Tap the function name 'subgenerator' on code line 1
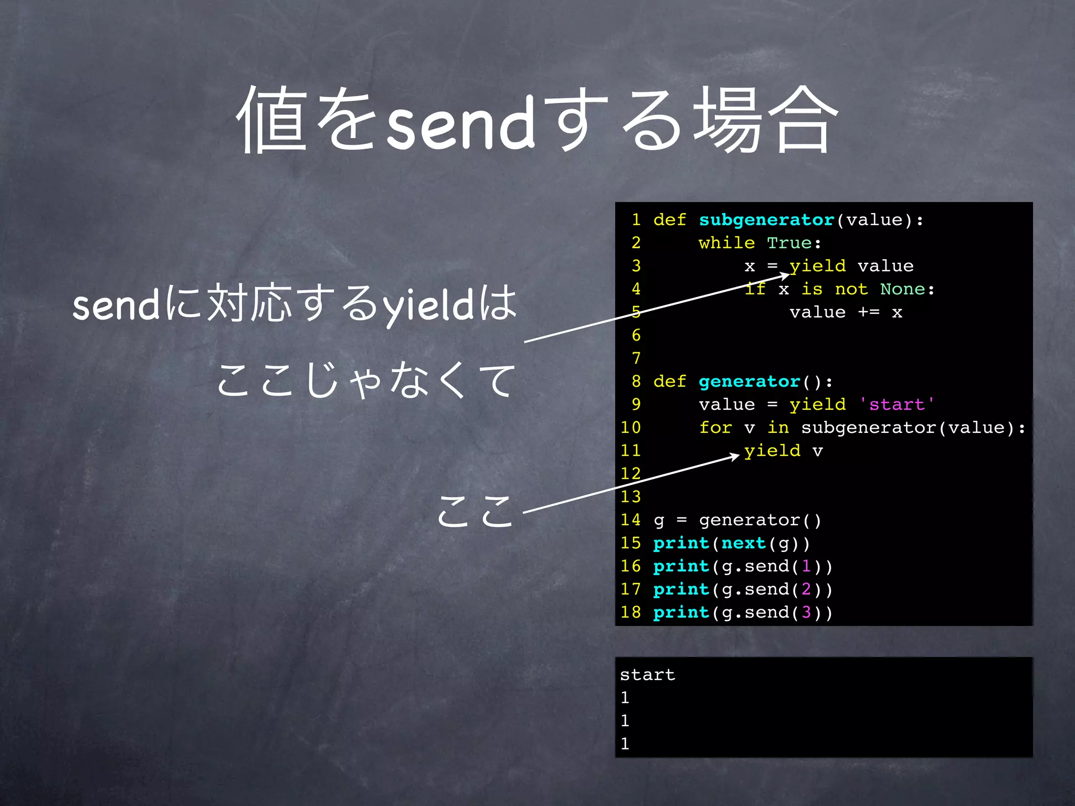(766, 220)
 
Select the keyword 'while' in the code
(726, 243)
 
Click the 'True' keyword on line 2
(789, 243)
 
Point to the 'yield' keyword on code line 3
(817, 266)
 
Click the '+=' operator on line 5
(868, 312)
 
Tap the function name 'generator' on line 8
(749, 381)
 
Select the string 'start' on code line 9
(897, 405)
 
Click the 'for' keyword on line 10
(715, 428)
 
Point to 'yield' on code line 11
(772, 451)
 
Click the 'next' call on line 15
(743, 543)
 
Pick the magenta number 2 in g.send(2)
(806, 589)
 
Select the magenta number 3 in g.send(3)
(806, 612)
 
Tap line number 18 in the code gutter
(630, 612)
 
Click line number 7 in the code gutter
(636, 358)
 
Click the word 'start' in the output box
(647, 675)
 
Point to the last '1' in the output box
(625, 744)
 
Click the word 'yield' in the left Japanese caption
(428, 306)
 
